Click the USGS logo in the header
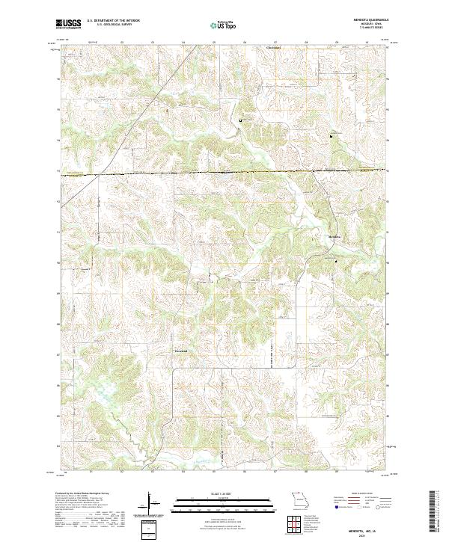[68, 25]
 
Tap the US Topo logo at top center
[224, 25]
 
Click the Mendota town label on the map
[335, 238]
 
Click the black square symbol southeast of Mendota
[335, 261]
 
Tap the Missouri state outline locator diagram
[299, 499]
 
